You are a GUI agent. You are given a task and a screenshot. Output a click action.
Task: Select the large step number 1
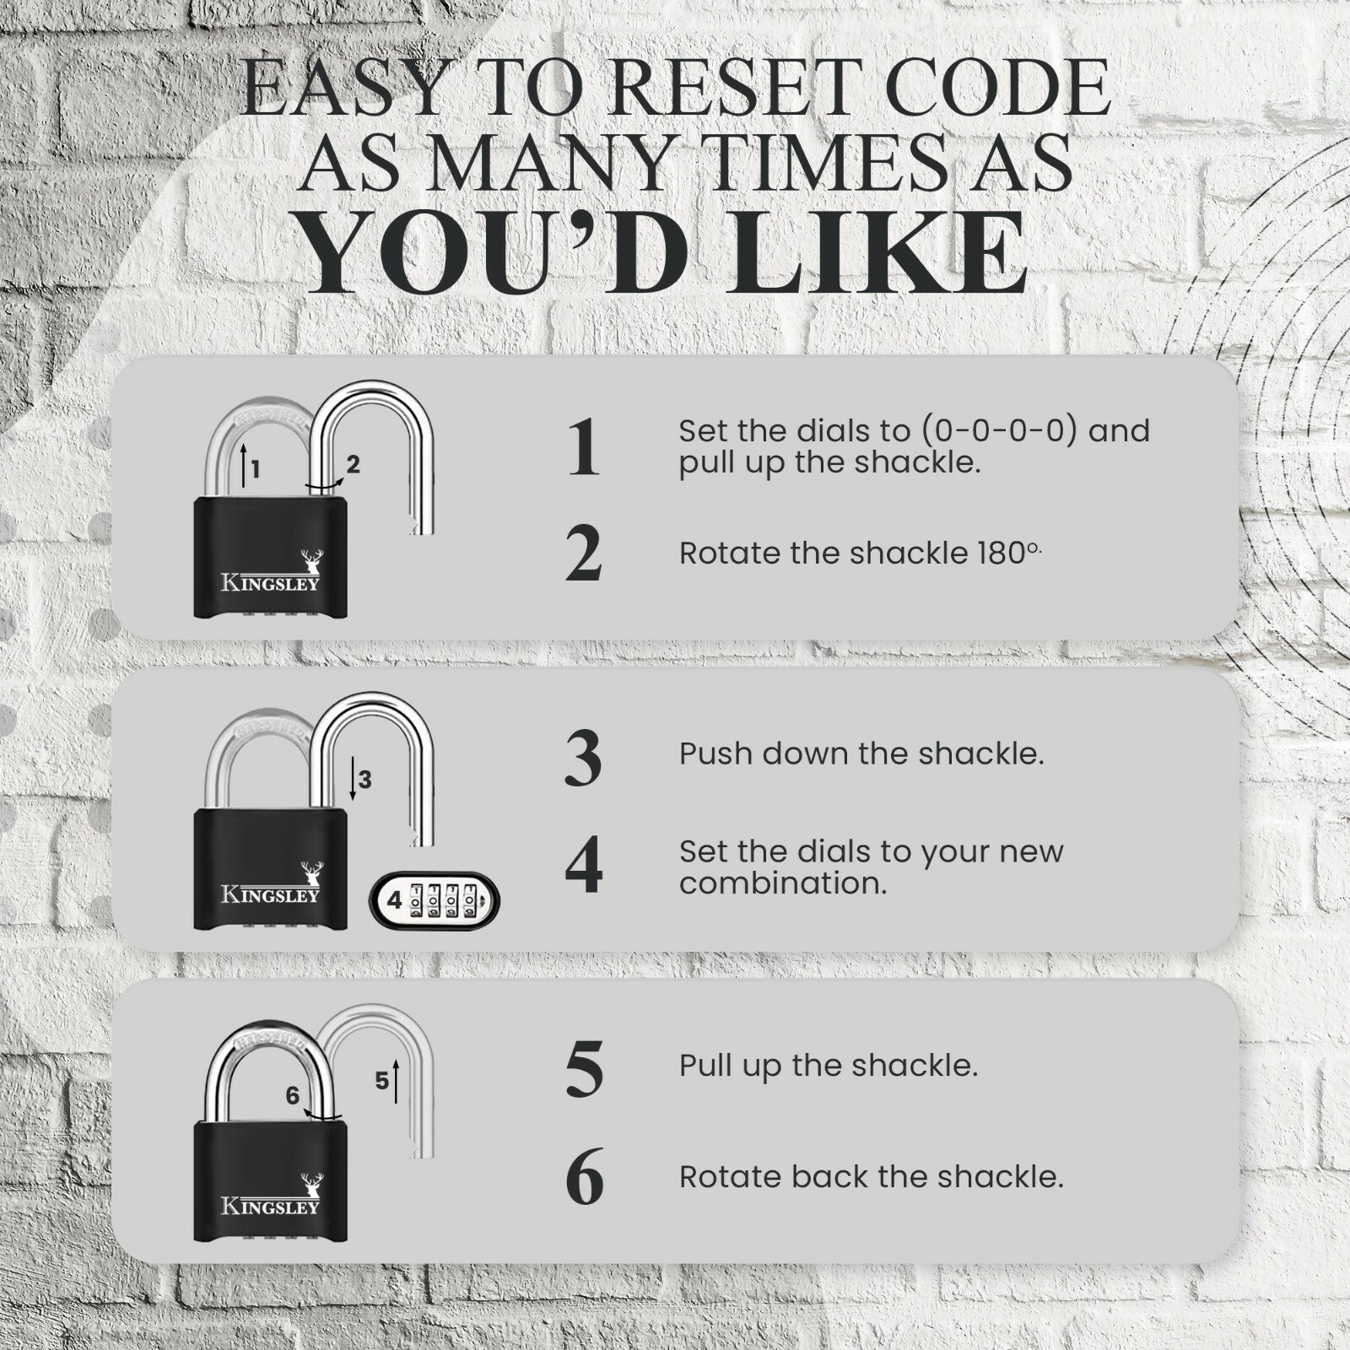[583, 447]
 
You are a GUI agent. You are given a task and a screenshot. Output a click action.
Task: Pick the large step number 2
[583, 553]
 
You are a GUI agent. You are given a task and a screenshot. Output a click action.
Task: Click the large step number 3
[583, 758]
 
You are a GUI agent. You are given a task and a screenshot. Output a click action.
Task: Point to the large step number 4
[583, 866]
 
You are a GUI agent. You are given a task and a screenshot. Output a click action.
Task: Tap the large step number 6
[584, 1176]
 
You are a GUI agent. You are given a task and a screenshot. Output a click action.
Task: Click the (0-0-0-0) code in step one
[999, 431]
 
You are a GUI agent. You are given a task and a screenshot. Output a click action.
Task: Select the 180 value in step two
[1001, 553]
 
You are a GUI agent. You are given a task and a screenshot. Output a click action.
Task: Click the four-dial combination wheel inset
[435, 900]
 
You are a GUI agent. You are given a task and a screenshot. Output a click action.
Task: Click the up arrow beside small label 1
[243, 466]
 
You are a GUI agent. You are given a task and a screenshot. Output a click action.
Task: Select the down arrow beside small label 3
[353, 778]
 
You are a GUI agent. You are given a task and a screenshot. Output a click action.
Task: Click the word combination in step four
[782, 883]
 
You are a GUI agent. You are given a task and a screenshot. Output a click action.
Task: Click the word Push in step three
[715, 753]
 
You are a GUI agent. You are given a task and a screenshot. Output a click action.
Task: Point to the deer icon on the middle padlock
[312, 872]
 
